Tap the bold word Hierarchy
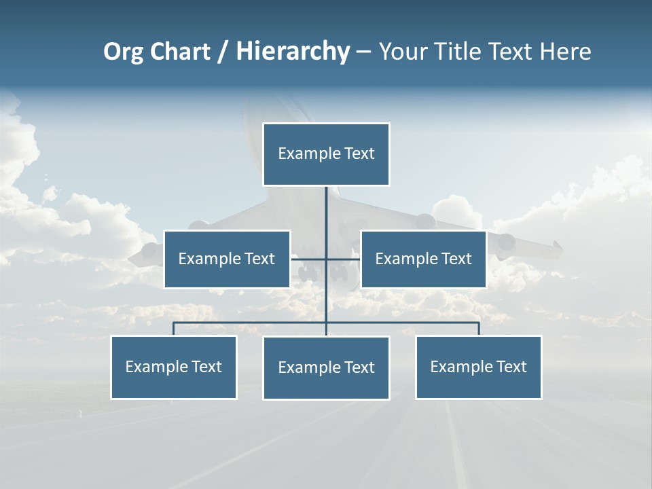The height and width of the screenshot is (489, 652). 293,52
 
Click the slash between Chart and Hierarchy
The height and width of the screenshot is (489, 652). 223,52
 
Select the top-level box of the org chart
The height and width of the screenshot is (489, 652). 326,154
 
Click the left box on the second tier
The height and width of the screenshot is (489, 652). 227,259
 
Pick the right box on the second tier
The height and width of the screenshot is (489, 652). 423,259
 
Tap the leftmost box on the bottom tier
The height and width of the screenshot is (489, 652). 174,367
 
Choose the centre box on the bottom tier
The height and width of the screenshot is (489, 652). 326,368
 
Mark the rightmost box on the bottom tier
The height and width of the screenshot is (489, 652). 478,367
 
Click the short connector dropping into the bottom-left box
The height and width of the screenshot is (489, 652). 174,329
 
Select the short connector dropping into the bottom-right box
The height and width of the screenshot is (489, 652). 478,329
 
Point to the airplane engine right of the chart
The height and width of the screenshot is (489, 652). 506,242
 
